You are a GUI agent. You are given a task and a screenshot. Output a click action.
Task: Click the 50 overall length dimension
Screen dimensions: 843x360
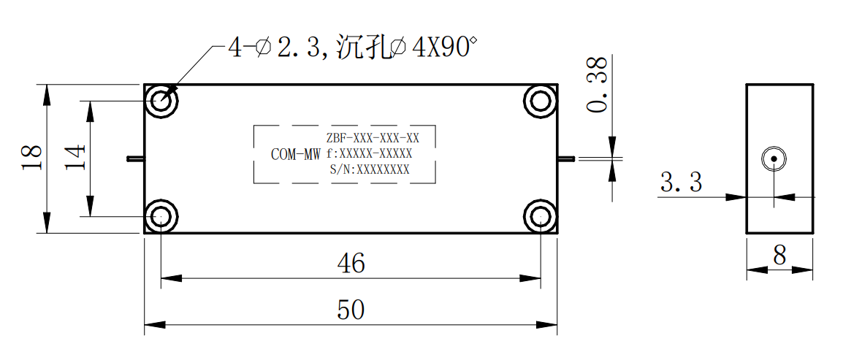click(351, 310)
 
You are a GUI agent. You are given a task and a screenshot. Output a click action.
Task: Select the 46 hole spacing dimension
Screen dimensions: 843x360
click(351, 264)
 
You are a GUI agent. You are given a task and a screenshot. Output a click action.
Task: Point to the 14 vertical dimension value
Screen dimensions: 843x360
click(76, 156)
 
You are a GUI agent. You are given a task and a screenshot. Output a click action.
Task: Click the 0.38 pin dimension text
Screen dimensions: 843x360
click(598, 85)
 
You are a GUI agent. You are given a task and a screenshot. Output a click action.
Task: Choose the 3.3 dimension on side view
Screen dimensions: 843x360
click(681, 183)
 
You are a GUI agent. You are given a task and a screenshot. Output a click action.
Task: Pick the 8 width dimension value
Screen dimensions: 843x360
click(779, 256)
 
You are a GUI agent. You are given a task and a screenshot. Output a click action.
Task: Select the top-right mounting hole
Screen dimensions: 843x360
click(541, 101)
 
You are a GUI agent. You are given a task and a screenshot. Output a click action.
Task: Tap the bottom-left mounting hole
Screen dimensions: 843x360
click(161, 217)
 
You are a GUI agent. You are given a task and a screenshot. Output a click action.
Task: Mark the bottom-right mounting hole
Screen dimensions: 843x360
click(541, 217)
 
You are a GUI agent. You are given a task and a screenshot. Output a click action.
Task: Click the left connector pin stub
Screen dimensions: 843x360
click(135, 158)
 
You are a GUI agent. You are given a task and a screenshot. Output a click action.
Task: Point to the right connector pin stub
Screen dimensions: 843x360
click(567, 158)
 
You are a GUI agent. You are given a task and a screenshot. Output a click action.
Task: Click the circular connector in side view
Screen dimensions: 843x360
click(773, 159)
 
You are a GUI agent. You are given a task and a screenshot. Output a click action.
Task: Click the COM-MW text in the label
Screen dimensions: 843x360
click(296, 155)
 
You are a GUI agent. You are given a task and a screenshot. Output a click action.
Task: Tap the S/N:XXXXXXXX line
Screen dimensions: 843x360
click(370, 170)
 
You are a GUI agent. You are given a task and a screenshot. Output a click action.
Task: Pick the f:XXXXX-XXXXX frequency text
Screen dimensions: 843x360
click(369, 154)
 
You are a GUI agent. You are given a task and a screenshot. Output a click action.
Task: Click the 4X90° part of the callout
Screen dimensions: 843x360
click(444, 49)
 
